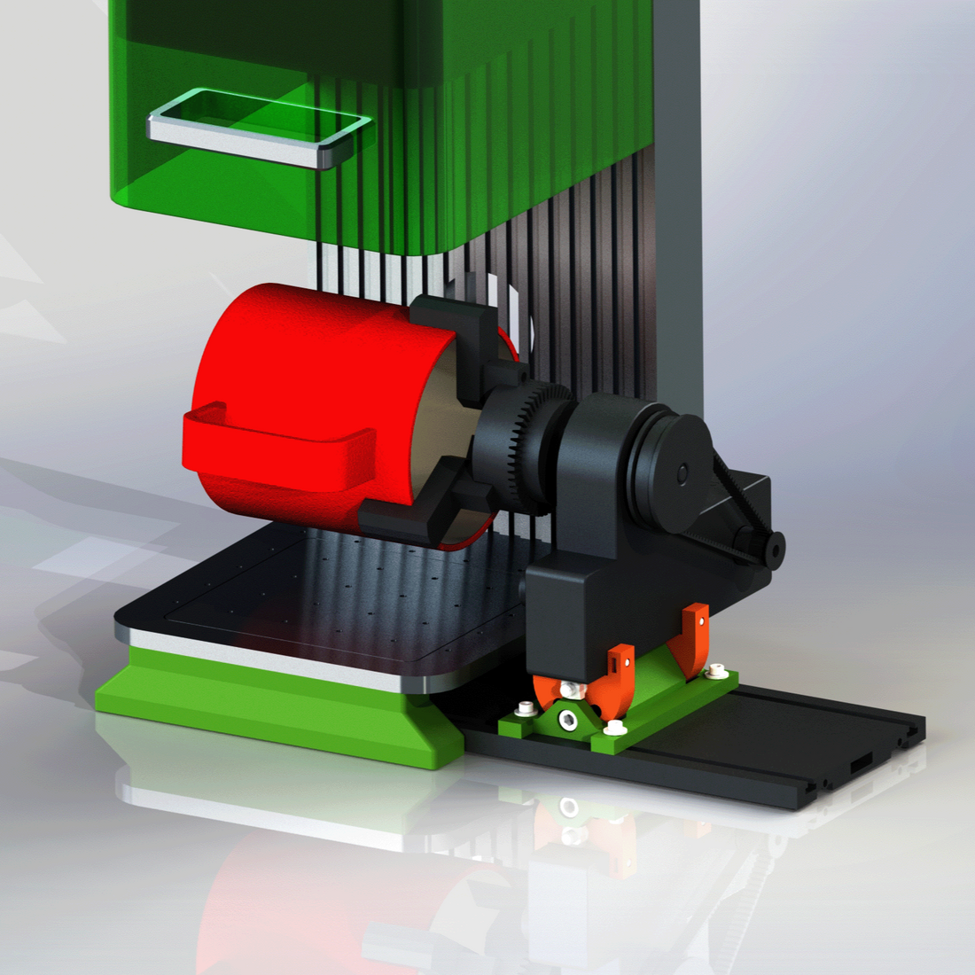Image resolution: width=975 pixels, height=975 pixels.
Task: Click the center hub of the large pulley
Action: point(682,474)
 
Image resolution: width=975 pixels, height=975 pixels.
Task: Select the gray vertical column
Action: point(682,222)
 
